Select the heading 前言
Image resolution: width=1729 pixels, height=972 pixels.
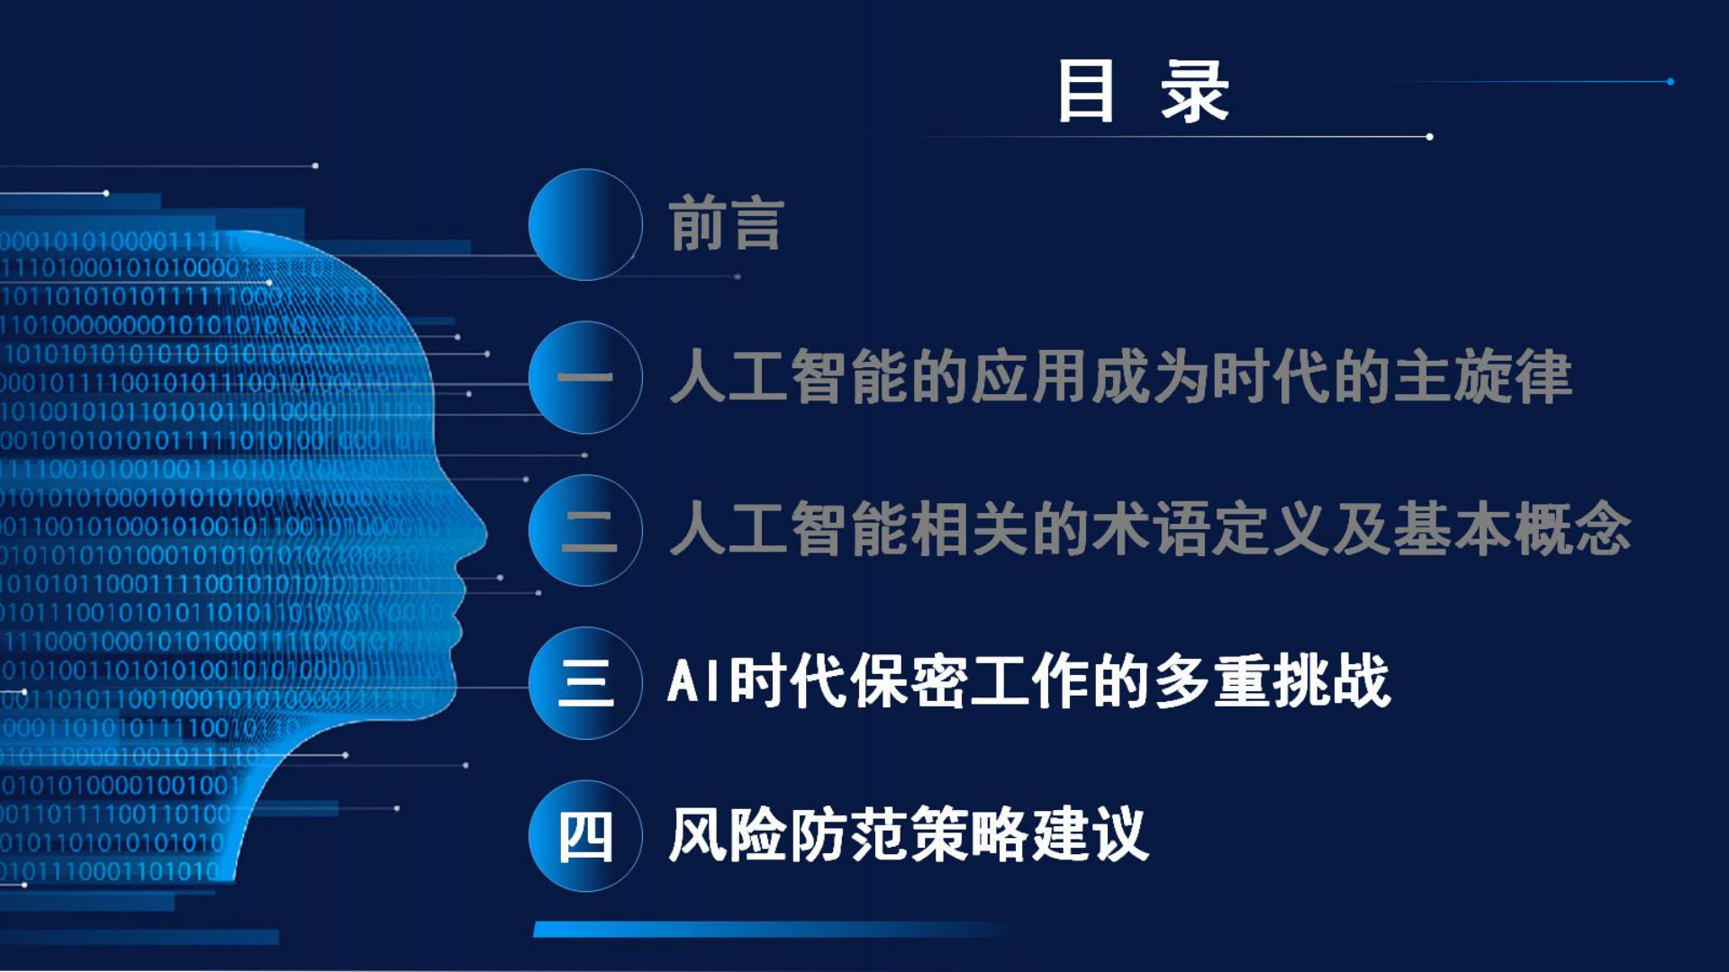727,223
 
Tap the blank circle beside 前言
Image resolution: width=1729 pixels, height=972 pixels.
585,224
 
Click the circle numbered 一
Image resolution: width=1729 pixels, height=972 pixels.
585,377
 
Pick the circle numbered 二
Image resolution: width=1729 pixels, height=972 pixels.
585,530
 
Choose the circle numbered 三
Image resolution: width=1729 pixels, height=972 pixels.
585,682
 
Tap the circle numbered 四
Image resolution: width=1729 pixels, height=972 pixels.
585,835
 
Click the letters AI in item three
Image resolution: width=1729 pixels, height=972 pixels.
696,680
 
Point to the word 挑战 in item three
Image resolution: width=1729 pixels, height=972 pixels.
1332,680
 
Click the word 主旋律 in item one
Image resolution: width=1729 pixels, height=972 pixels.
1482,376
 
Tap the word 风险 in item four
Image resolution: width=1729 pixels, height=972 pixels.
728,834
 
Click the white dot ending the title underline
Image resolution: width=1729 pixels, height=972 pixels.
1429,137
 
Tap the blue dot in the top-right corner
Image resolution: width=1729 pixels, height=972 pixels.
1670,82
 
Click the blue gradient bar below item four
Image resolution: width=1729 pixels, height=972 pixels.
774,929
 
